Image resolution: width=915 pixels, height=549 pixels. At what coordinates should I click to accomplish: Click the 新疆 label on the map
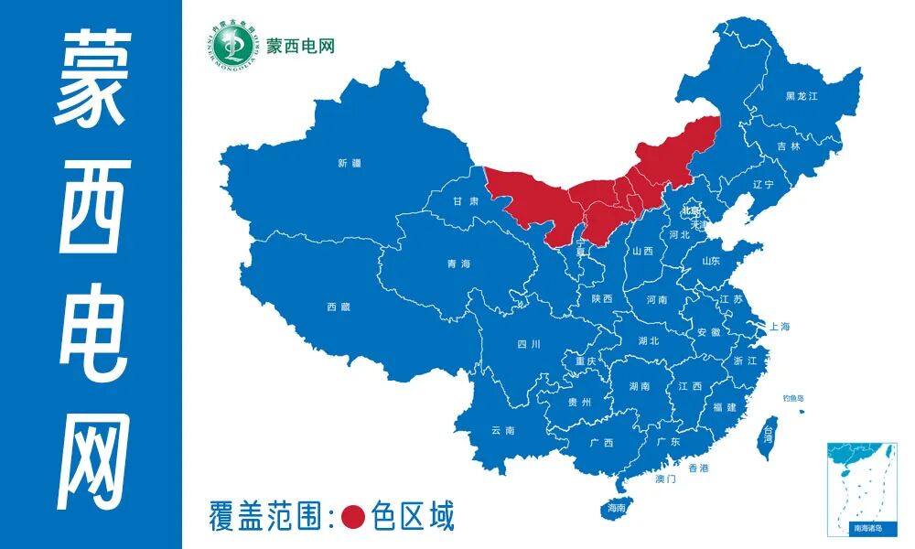point(350,164)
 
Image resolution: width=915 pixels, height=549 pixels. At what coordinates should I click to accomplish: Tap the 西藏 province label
point(338,307)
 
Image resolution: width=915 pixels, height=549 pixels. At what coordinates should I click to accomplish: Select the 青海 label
point(458,264)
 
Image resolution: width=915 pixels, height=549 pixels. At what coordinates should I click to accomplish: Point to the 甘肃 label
point(467,201)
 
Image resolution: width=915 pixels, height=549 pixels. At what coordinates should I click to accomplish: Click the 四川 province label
point(529,344)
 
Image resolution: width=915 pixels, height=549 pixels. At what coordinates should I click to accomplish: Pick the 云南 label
point(502,430)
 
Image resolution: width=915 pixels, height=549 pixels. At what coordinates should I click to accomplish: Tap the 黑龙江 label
point(801,96)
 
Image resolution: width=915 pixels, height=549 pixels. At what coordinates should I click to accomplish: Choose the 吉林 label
point(788,146)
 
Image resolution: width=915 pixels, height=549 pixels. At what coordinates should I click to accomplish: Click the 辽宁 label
point(762,184)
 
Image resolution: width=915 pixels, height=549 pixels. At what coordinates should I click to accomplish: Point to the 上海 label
point(780,326)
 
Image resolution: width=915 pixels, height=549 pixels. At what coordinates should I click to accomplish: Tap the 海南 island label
point(616,507)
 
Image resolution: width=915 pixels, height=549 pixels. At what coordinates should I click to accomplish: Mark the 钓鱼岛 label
point(792,398)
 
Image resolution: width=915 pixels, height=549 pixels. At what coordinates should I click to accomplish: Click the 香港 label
point(698,468)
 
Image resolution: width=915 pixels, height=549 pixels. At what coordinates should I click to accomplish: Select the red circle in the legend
point(353,517)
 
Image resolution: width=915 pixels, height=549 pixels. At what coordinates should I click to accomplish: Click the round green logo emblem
point(230,44)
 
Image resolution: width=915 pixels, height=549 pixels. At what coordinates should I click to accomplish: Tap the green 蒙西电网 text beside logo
point(301,45)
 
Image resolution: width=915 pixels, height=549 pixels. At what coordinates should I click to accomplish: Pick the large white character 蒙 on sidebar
point(91,79)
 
